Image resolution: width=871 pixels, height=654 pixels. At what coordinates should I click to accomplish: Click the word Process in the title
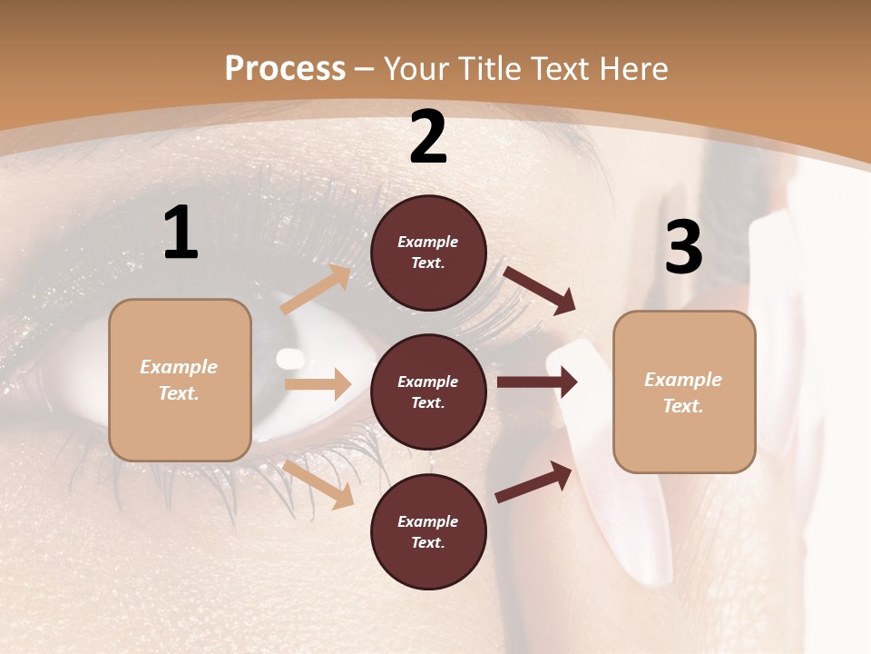(x=285, y=69)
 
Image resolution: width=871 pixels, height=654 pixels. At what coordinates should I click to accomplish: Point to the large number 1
(x=181, y=233)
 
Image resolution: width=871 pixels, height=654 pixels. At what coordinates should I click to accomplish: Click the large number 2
(x=428, y=137)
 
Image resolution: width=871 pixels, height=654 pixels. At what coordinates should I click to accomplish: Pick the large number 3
(x=683, y=247)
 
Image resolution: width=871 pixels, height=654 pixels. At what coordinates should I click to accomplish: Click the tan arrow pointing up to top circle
(x=316, y=290)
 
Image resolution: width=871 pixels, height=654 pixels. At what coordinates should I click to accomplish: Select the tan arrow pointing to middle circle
(x=318, y=384)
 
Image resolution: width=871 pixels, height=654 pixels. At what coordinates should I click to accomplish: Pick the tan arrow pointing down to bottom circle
(x=318, y=483)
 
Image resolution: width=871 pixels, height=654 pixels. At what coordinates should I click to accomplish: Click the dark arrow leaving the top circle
(x=541, y=290)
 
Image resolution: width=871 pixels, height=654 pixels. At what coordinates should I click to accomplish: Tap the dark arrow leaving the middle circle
(x=537, y=382)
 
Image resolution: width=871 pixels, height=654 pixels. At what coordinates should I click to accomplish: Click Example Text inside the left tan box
(x=179, y=380)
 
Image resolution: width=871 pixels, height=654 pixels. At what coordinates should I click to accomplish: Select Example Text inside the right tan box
(x=683, y=392)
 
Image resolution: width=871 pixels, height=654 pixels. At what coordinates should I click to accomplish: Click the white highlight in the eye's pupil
(x=290, y=358)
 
